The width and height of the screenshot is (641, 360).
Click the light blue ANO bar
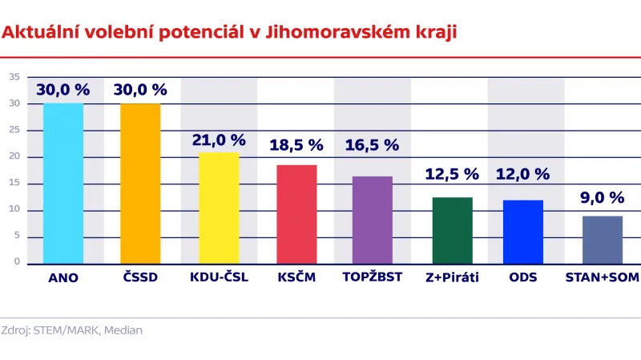(63, 184)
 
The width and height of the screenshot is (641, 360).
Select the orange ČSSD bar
(140, 184)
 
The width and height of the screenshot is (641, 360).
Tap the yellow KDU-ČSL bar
(219, 208)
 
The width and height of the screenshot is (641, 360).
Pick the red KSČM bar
(296, 214)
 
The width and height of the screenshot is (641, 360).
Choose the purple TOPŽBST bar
(373, 220)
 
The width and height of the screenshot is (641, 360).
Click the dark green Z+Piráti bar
(452, 230)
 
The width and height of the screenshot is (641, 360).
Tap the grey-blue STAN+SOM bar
(603, 240)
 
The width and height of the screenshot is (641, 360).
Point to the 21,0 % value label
(219, 140)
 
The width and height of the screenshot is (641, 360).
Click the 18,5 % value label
(296, 146)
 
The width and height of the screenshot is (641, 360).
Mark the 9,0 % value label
(603, 197)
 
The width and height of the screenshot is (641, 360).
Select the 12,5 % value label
(451, 175)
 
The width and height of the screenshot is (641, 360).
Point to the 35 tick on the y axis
(14, 77)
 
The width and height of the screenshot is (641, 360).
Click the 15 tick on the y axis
(14, 184)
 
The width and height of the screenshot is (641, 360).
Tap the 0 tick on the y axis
(17, 261)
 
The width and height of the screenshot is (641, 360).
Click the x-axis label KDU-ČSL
(219, 277)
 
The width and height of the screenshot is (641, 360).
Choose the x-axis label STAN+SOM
(603, 277)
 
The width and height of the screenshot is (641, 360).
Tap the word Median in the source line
(124, 330)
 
